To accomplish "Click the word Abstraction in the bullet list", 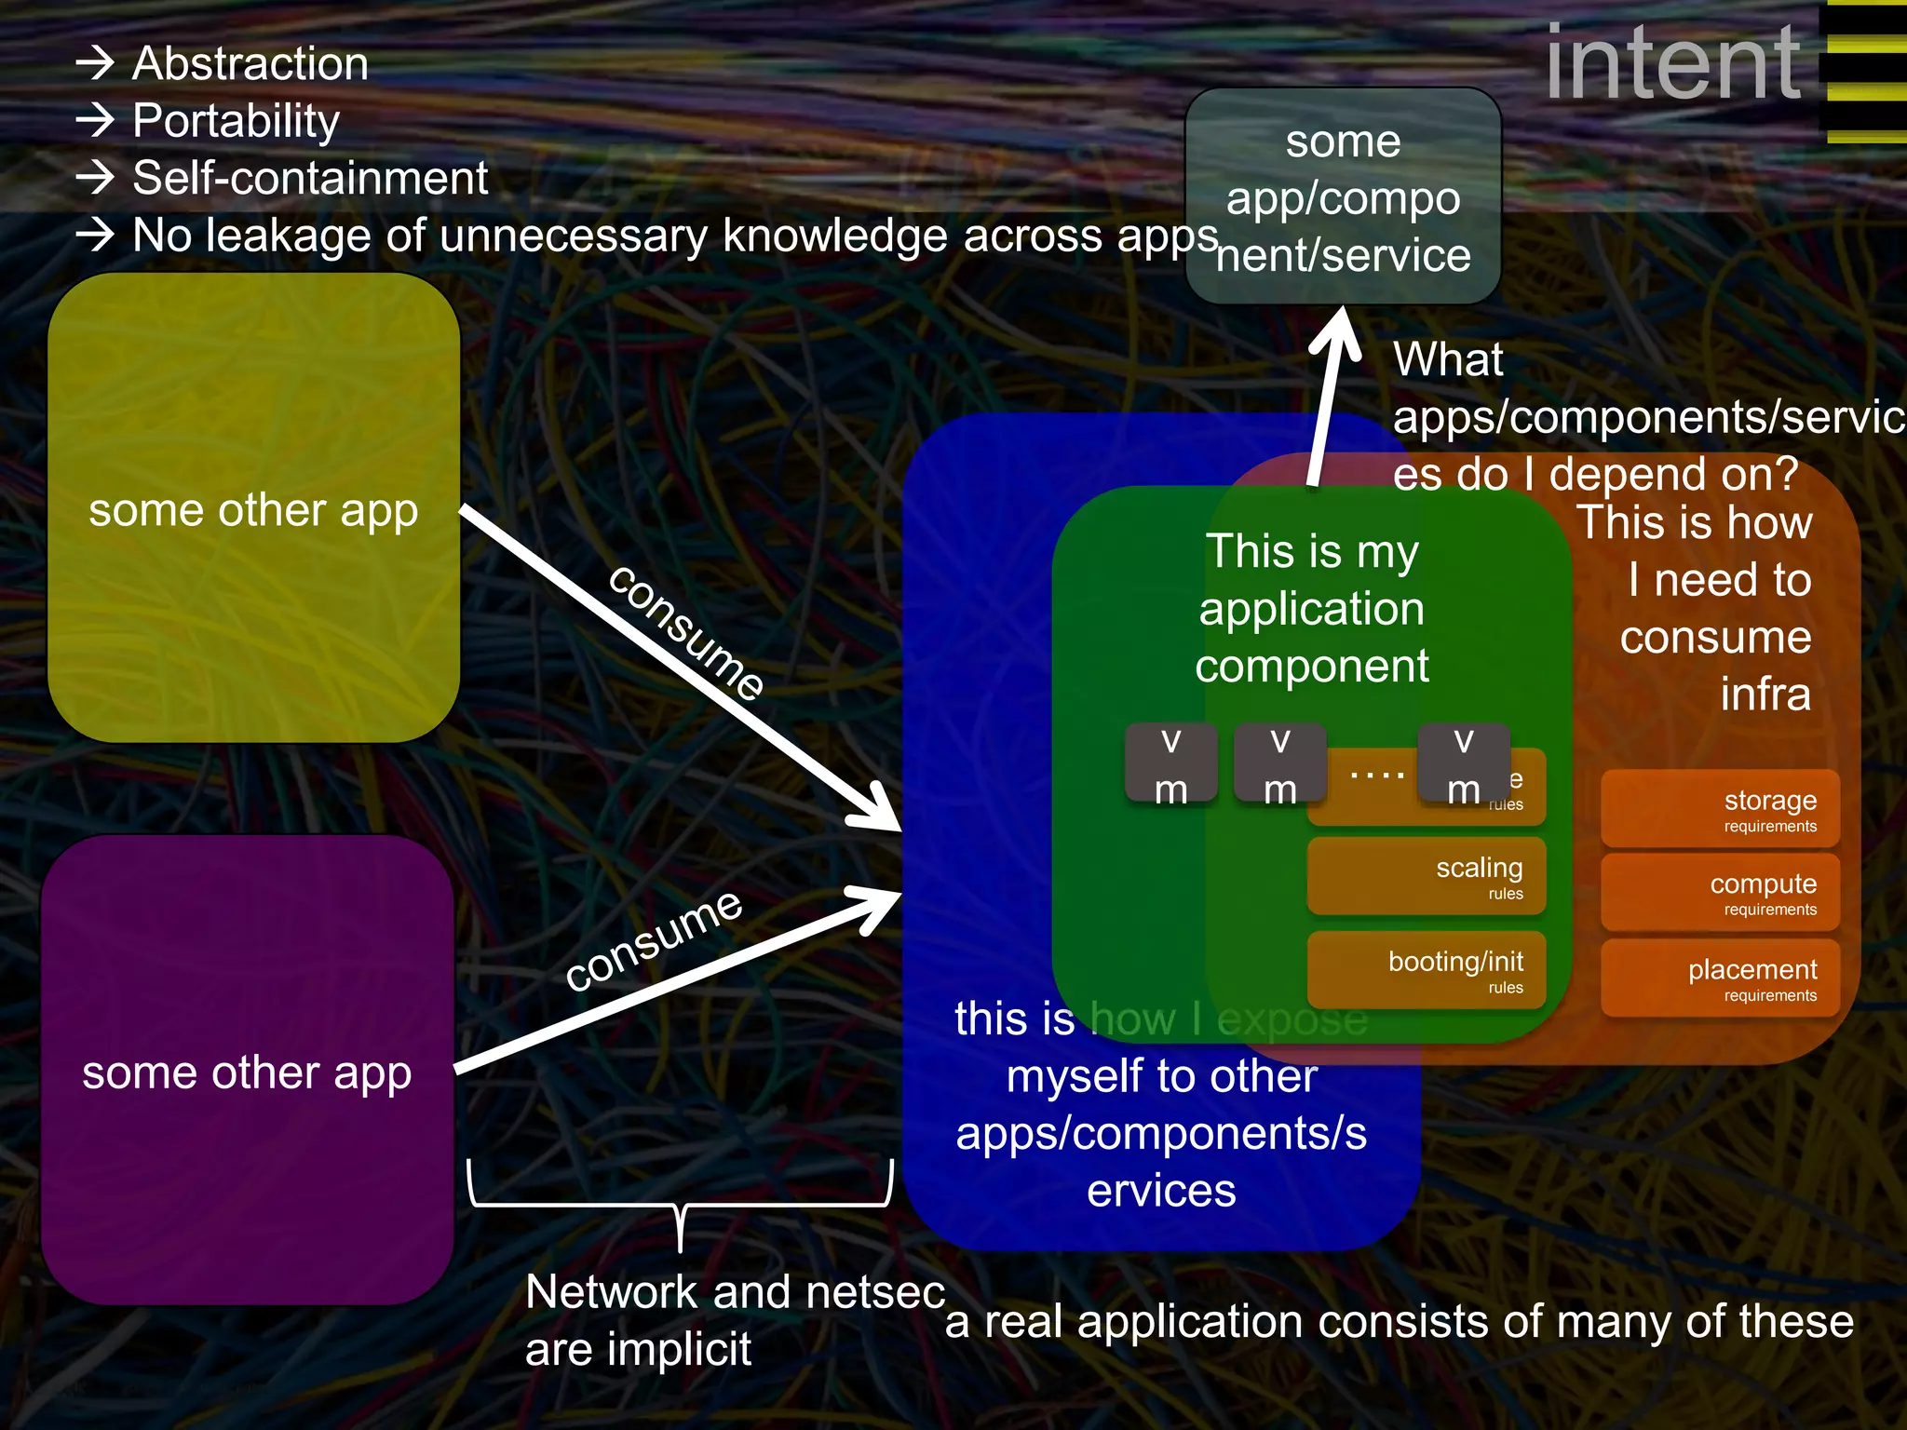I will (x=250, y=63).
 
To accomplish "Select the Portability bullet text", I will (x=236, y=121).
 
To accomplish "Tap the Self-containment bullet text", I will (x=309, y=178).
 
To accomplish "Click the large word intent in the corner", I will (x=1672, y=62).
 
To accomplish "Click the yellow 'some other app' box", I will (x=253, y=508).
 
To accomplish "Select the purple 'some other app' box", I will (x=247, y=1071).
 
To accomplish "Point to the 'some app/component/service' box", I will (x=1343, y=197).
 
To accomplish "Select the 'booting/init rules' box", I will (x=1427, y=970).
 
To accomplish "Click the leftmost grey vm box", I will (x=1170, y=763).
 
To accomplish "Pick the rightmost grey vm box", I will (x=1463, y=763).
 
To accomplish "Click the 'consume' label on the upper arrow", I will (x=687, y=631).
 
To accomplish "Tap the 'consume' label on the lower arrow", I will (x=654, y=940).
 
